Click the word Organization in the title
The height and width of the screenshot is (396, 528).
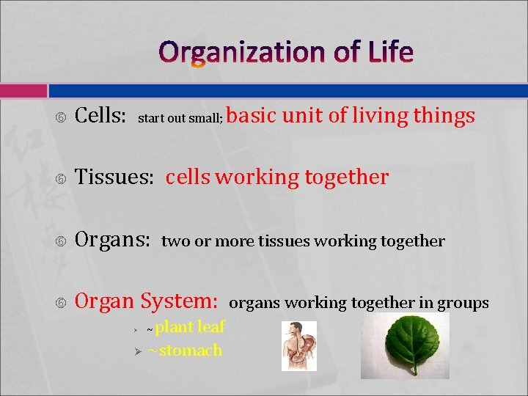pyautogui.click(x=242, y=52)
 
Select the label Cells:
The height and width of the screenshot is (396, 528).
pyautogui.click(x=101, y=116)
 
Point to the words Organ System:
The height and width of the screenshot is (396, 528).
pyautogui.click(x=147, y=301)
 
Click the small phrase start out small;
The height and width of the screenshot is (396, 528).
pyautogui.click(x=180, y=118)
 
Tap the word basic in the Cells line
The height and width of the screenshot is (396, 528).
pyautogui.click(x=252, y=116)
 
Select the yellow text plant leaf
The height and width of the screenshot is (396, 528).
pyautogui.click(x=190, y=327)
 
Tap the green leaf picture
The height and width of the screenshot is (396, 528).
pyautogui.click(x=405, y=345)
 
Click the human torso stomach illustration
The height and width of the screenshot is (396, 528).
pyautogui.click(x=299, y=345)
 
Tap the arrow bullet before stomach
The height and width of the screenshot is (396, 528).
pyautogui.click(x=136, y=351)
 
